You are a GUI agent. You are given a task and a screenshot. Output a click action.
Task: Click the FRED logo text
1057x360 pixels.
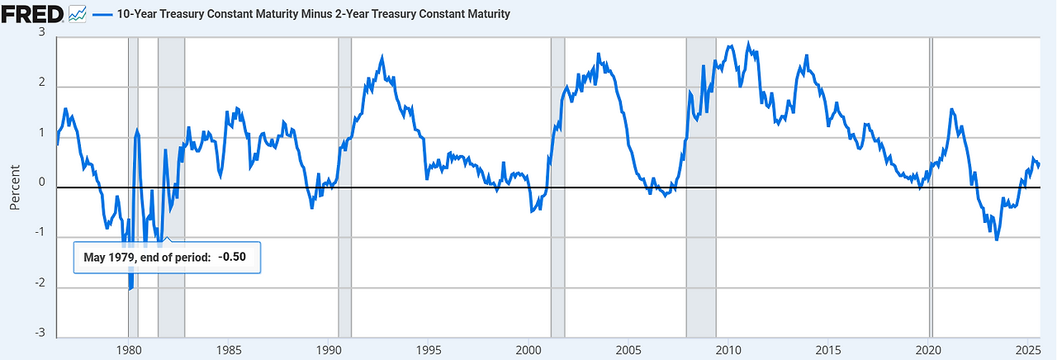[32, 13]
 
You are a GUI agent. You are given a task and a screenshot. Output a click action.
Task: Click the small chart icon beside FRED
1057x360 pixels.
[78, 13]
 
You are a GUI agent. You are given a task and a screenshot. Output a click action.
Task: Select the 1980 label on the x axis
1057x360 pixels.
[128, 349]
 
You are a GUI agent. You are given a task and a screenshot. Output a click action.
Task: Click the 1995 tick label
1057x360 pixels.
[429, 349]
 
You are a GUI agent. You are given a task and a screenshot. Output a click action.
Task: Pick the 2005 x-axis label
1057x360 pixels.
[628, 349]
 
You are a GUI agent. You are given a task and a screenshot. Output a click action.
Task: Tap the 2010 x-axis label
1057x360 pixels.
[728, 349]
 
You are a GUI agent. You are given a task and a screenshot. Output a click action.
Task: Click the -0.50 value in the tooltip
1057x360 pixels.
[239, 258]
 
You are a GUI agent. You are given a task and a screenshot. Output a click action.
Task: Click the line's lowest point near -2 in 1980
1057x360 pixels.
[130, 288]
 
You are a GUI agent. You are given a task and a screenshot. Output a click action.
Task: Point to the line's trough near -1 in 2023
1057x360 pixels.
[997, 239]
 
